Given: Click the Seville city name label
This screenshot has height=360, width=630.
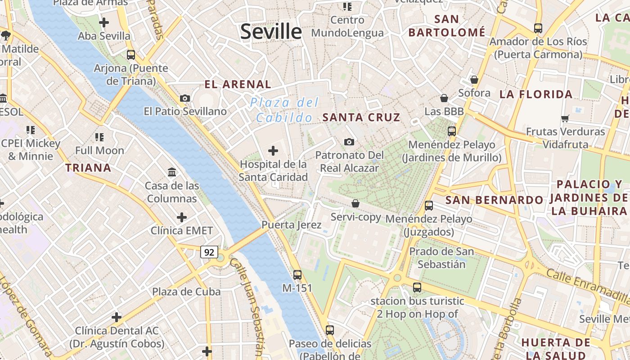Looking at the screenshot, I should (x=271, y=31).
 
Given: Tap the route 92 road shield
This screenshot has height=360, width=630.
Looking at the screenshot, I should (x=209, y=252).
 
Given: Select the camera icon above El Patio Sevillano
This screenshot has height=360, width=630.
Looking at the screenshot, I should (x=185, y=98).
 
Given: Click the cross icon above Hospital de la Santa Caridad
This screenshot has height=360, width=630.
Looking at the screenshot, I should (x=273, y=151).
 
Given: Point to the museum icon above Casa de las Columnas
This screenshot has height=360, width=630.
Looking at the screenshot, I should (x=172, y=172).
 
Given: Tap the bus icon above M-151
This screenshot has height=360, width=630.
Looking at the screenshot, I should (x=297, y=274).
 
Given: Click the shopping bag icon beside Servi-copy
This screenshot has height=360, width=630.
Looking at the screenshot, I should (x=355, y=203).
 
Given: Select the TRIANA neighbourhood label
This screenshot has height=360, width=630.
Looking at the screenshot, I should (x=88, y=168).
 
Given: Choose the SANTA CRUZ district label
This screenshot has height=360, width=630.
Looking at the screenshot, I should (x=361, y=117).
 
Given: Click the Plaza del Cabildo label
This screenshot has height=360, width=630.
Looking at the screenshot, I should (x=284, y=110).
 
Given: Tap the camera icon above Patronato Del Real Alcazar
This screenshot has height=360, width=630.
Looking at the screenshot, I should (x=349, y=142).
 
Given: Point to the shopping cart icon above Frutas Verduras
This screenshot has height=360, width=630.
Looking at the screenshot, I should (x=565, y=118).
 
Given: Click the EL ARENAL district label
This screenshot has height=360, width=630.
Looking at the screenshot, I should (x=238, y=84).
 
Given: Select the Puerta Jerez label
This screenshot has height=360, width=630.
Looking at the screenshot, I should (x=292, y=225).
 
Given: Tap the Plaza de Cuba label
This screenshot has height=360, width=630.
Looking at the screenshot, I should (x=186, y=292).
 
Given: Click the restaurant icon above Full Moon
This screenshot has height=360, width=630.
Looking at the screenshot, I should (x=99, y=137).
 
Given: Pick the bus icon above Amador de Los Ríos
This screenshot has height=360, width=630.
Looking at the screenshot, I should (x=538, y=28).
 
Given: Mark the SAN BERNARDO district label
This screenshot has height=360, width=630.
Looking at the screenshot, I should (x=494, y=200).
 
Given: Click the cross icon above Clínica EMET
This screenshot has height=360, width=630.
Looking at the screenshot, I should (x=182, y=218).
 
